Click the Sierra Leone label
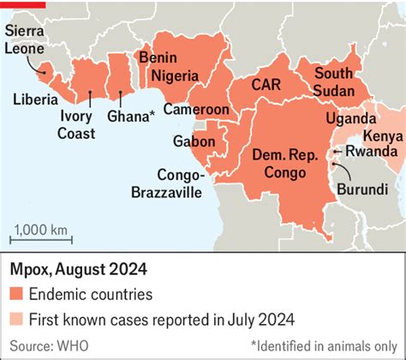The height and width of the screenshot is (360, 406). (27, 40)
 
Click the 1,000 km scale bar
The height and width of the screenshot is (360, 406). (39, 237)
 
